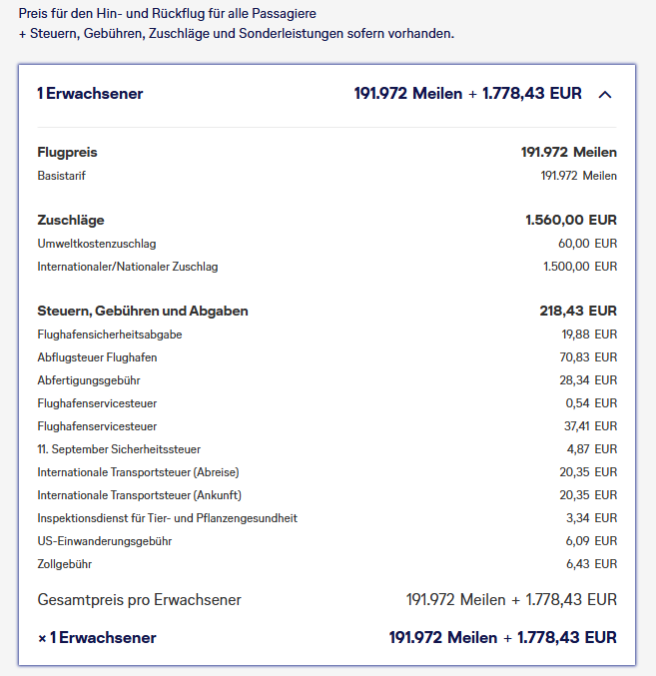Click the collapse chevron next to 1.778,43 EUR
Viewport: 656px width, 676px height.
[604, 94]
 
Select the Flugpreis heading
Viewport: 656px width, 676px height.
[67, 153]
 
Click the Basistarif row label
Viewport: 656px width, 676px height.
[63, 176]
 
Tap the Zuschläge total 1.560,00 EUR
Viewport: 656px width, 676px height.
[570, 220]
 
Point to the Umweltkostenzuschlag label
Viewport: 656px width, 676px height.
[97, 244]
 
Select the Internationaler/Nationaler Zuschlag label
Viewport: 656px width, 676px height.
[128, 267]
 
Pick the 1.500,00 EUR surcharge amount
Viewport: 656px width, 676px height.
[580, 267]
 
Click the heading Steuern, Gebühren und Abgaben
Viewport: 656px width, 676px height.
[143, 311]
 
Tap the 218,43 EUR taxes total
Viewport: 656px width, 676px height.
[578, 311]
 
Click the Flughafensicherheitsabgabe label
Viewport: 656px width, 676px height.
[110, 335]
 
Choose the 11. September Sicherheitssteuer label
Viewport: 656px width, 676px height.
[119, 449]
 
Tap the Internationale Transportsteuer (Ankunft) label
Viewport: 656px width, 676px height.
[140, 495]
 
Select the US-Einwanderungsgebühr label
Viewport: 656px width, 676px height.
[105, 541]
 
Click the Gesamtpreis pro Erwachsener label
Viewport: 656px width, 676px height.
[139, 600]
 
